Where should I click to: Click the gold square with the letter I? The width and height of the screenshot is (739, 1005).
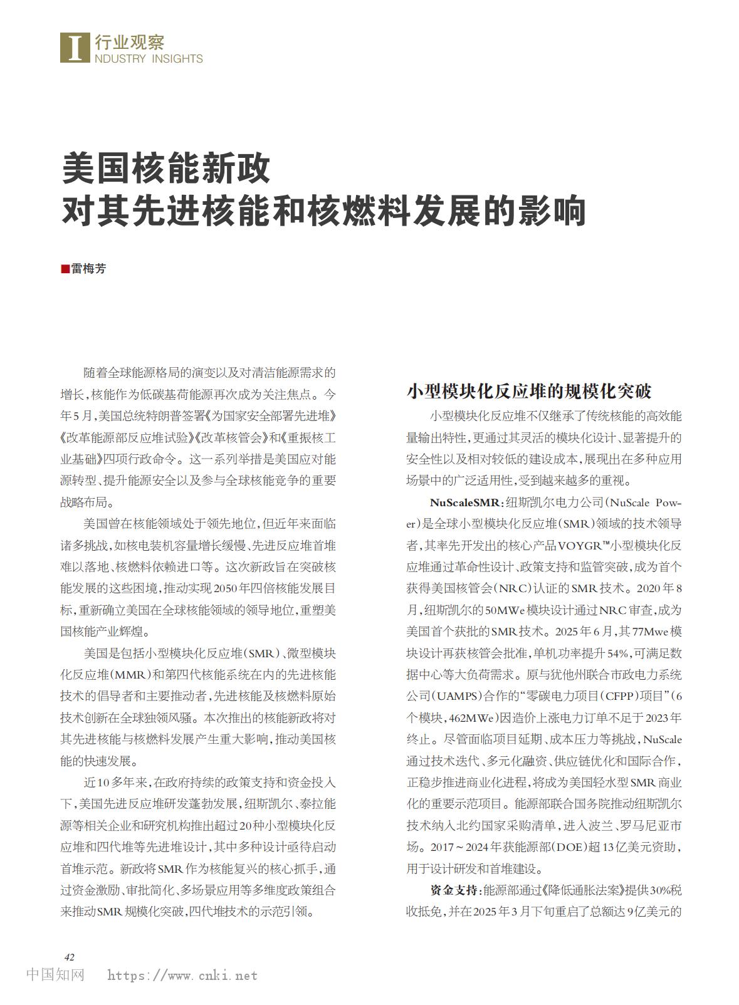(x=75, y=47)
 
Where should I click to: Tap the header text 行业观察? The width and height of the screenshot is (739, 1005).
(x=130, y=42)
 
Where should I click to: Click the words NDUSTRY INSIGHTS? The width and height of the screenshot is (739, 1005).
(x=149, y=59)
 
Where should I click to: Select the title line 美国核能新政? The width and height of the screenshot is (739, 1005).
(x=166, y=167)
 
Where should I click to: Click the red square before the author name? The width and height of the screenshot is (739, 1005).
(x=65, y=269)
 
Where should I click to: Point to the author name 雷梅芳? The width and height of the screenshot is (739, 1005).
(x=88, y=269)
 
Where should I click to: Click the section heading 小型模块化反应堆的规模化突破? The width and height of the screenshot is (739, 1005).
(x=529, y=391)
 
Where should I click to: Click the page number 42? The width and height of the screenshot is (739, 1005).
(x=70, y=957)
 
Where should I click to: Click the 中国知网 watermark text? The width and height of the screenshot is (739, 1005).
(x=56, y=975)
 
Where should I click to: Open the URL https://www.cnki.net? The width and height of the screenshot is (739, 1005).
(x=182, y=976)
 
